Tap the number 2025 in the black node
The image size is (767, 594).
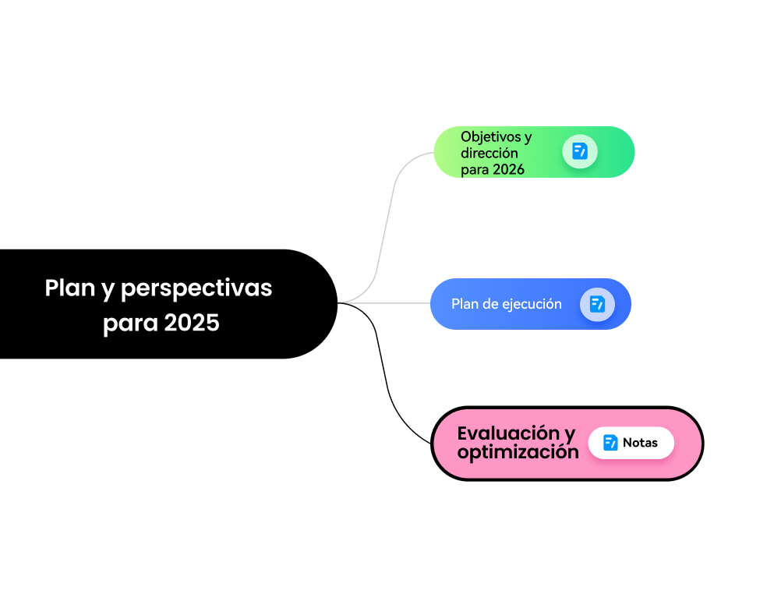click(192, 322)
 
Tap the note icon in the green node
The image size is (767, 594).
click(579, 151)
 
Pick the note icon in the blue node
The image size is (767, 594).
click(597, 304)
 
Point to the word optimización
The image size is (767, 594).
click(518, 452)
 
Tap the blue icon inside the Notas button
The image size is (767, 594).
click(610, 443)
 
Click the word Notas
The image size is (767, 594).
click(640, 443)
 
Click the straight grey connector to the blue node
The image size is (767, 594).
click(390, 302)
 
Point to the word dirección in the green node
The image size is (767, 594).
click(489, 153)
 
